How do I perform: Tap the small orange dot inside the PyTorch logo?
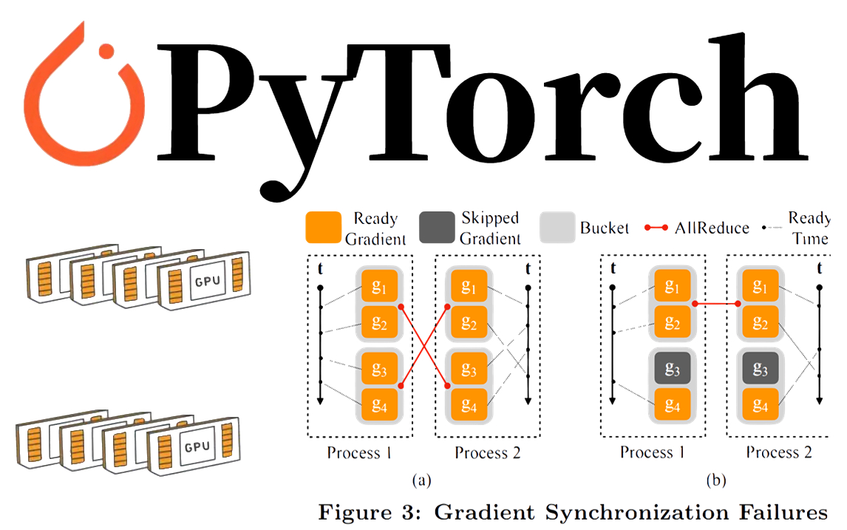107,51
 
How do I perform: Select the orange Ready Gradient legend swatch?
323,228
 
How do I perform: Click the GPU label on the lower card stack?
194,447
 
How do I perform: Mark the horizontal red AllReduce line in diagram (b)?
717,303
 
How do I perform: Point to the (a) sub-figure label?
422,481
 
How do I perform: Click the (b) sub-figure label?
715,481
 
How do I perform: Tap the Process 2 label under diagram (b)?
778,452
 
